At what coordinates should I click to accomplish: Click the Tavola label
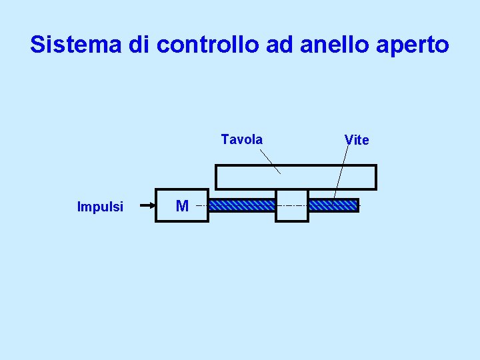241,139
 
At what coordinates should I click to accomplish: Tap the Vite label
357,140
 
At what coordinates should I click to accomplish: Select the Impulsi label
100,207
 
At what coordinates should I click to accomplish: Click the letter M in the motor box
181,205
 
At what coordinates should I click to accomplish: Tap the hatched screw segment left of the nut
242,205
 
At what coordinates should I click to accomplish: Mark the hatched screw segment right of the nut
333,205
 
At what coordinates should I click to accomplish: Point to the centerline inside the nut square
292,206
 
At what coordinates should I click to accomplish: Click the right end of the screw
357,205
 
